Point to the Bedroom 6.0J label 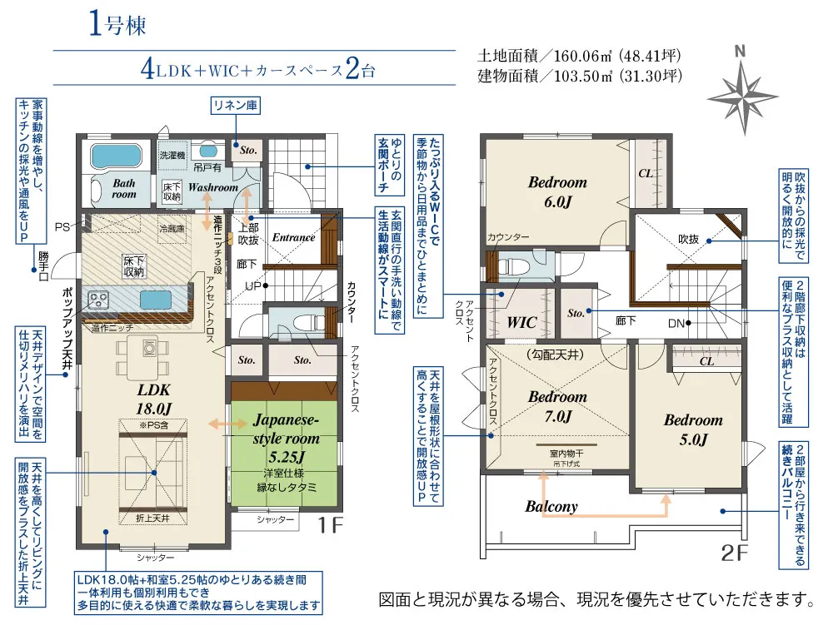pyautogui.click(x=557, y=191)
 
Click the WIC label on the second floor pyautogui.click(x=521, y=322)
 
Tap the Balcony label pyautogui.click(x=551, y=506)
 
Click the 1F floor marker pyautogui.click(x=330, y=525)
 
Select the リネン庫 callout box pyautogui.click(x=236, y=106)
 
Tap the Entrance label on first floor pyautogui.click(x=293, y=237)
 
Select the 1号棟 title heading pyautogui.click(x=117, y=25)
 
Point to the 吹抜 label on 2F pyautogui.click(x=688, y=238)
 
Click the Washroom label pyautogui.click(x=212, y=187)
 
